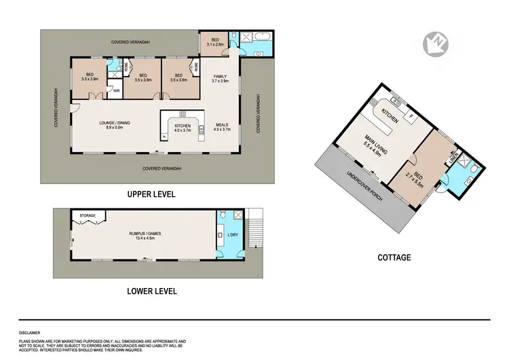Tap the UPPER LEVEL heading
[151, 194]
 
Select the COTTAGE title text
[394, 257]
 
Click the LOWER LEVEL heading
[152, 291]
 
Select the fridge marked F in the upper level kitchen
[164, 136]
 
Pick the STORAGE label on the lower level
[87, 216]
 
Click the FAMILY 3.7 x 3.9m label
[221, 78]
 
